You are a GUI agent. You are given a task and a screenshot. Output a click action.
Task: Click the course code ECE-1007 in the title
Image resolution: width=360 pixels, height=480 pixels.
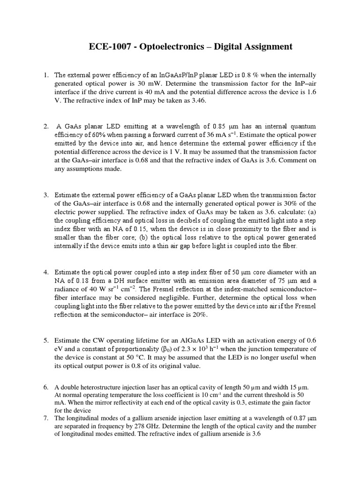(108, 47)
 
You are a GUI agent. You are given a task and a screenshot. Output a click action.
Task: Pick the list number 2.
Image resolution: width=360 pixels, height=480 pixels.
(46, 126)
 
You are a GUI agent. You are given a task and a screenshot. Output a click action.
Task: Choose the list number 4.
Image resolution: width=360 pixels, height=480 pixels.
(46, 272)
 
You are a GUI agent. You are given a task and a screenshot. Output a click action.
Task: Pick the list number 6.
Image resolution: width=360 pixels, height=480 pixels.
(46, 387)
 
